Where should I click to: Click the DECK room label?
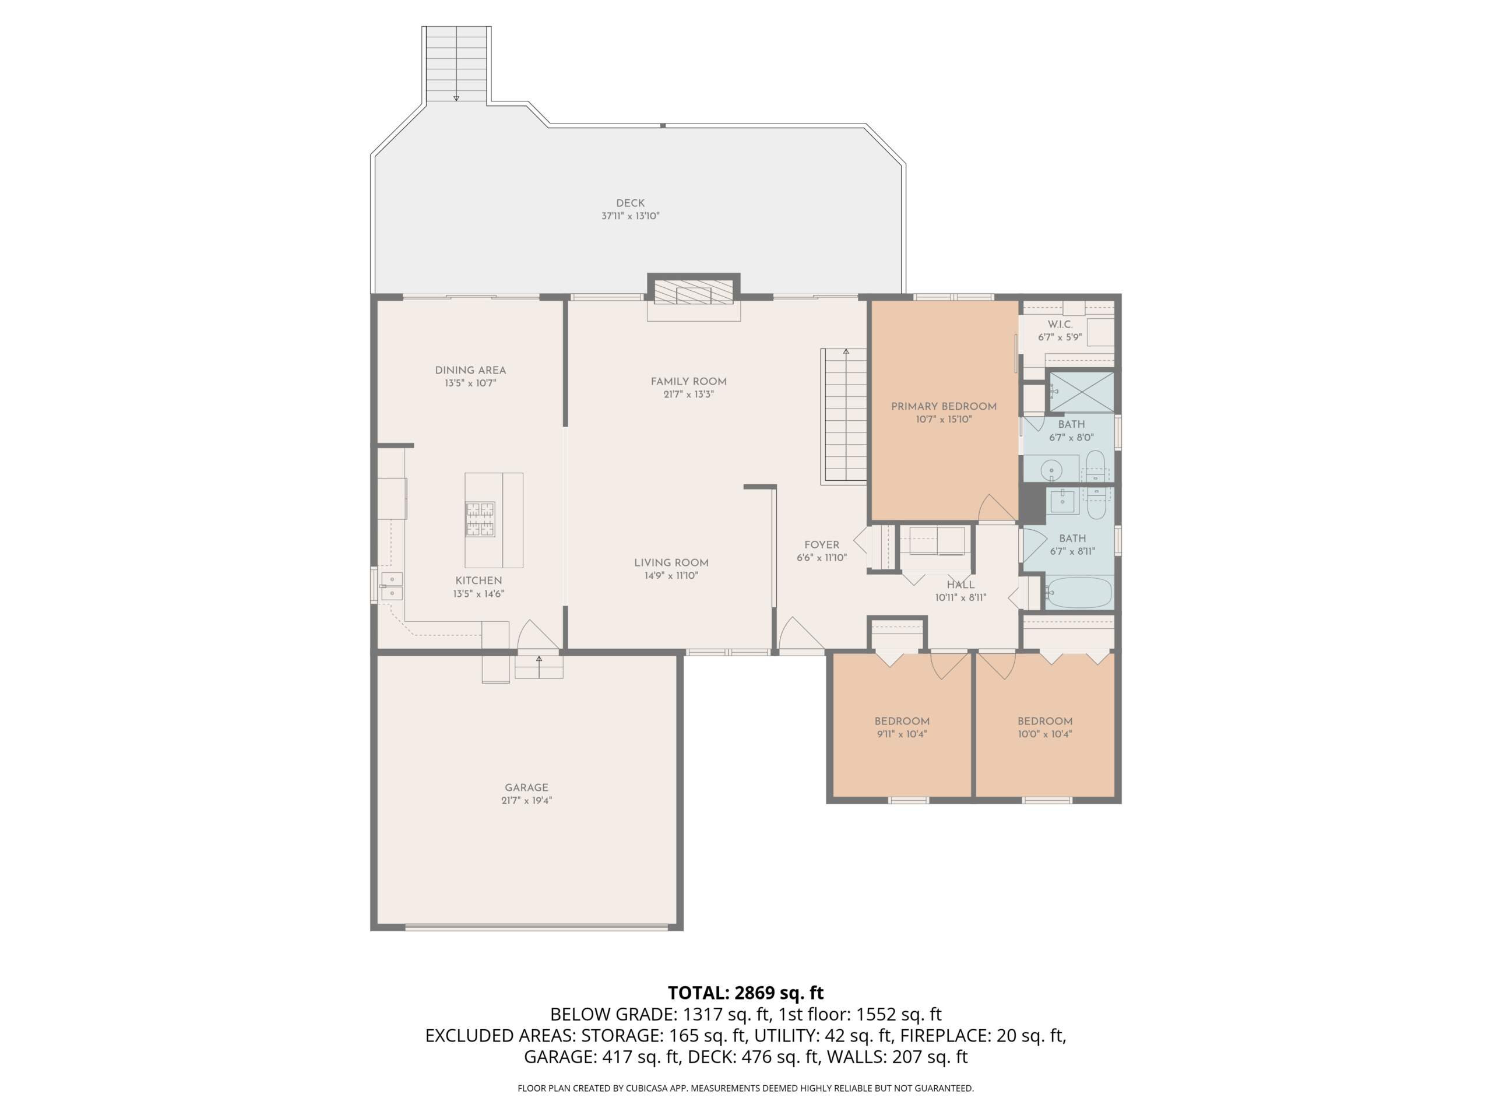(630, 203)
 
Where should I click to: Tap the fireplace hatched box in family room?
(694, 295)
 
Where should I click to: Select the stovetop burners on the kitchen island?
(480, 519)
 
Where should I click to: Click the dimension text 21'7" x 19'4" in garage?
(526, 801)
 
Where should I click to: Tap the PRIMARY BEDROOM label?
(944, 407)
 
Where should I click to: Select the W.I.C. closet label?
(1060, 325)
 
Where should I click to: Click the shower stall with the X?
(1081, 391)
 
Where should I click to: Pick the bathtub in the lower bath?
(1077, 592)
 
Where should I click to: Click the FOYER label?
(822, 545)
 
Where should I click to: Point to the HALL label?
(960, 585)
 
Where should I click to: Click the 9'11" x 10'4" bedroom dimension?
(902, 734)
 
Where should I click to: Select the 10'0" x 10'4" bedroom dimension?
(1045, 734)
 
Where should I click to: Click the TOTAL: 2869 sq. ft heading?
(745, 993)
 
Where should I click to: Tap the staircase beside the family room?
(843, 416)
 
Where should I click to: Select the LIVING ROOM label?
(671, 563)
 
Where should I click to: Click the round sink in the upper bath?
(1051, 469)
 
